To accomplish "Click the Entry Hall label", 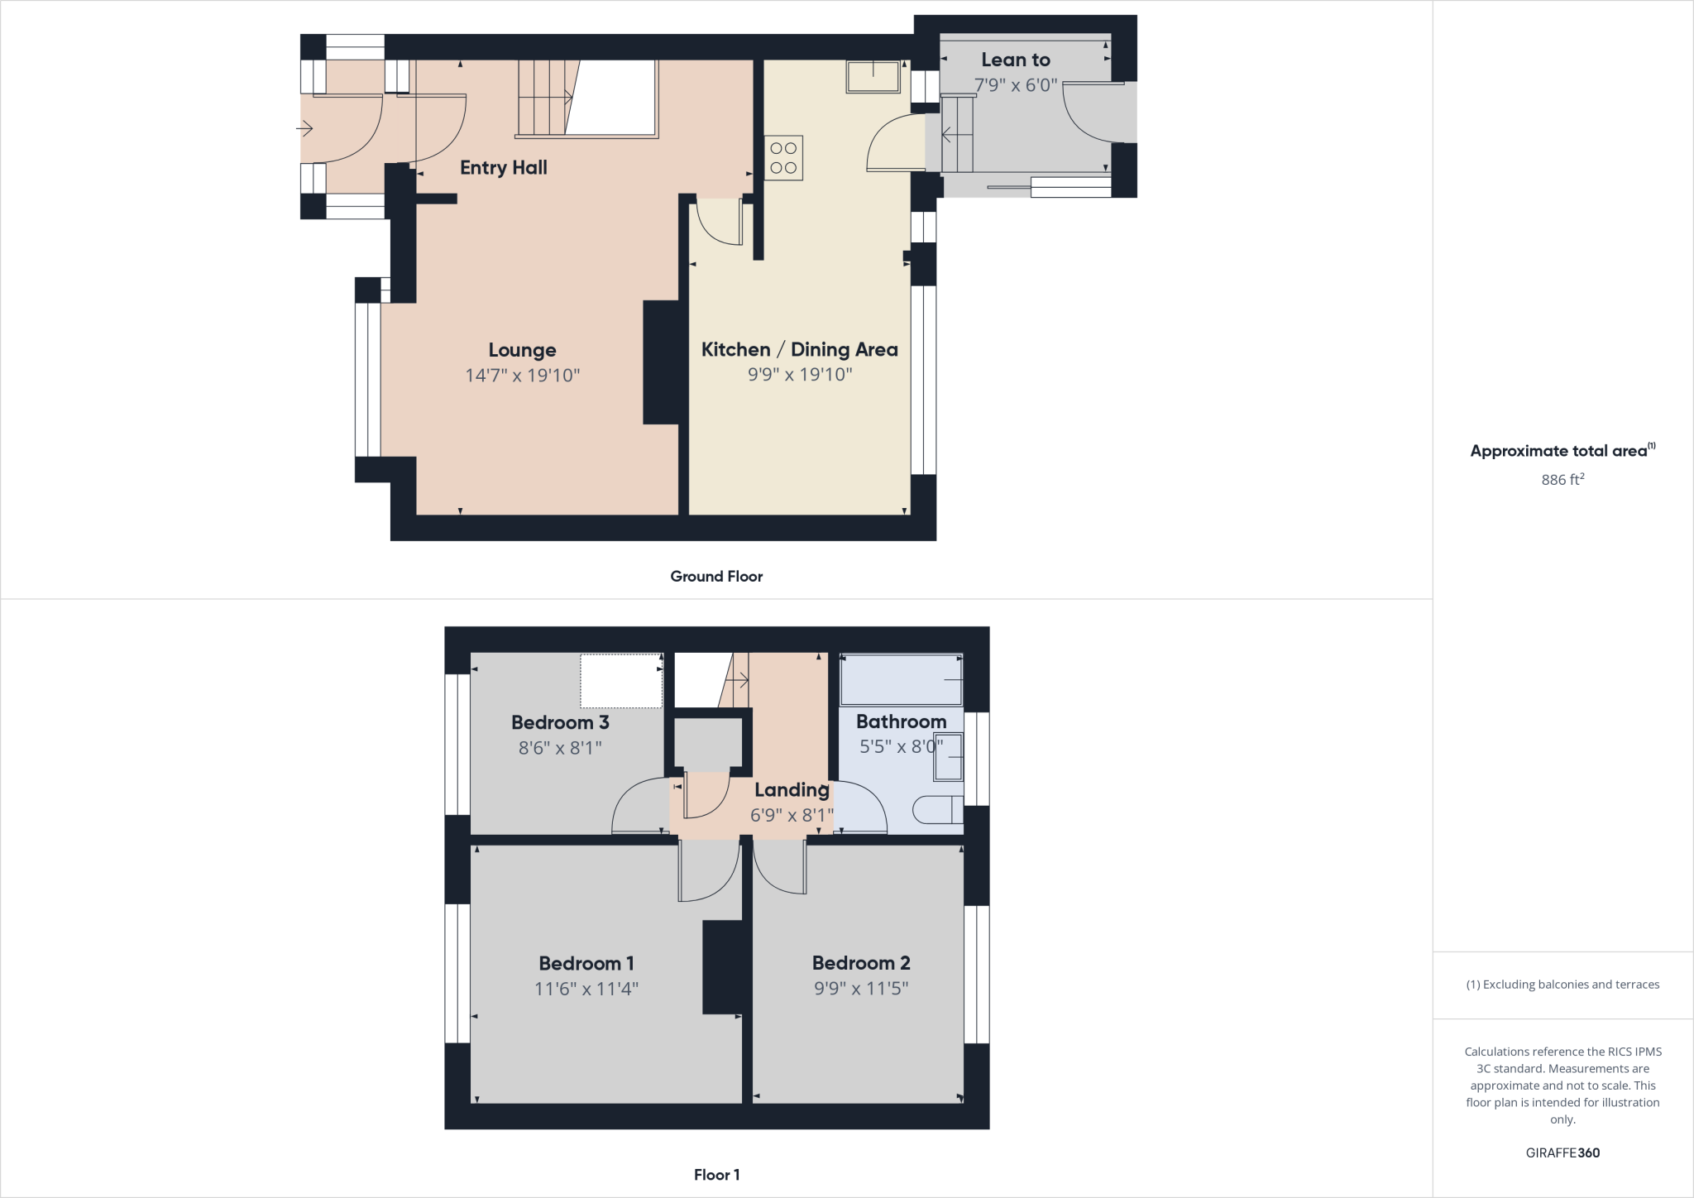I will (503, 168).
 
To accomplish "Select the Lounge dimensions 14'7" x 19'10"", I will (522, 376).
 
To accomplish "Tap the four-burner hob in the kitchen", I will (782, 158).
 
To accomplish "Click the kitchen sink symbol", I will (873, 77).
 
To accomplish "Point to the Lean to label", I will (1015, 60).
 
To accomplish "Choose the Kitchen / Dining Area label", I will (799, 349).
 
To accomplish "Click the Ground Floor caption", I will (716, 577).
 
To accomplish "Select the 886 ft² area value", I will (1562, 480).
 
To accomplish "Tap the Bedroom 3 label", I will (560, 722).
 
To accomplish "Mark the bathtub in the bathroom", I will (901, 680).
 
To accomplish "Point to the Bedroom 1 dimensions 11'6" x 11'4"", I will (586, 989).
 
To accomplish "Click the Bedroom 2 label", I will (860, 963).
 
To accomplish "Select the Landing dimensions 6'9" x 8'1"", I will (792, 816).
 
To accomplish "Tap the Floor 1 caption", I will (716, 1175).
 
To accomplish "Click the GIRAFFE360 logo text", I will (1562, 1153).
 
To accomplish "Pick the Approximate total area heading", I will (1558, 451).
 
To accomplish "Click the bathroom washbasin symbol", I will (949, 757).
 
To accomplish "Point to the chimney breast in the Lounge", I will (662, 362).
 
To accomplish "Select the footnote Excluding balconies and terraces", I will (1562, 985).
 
